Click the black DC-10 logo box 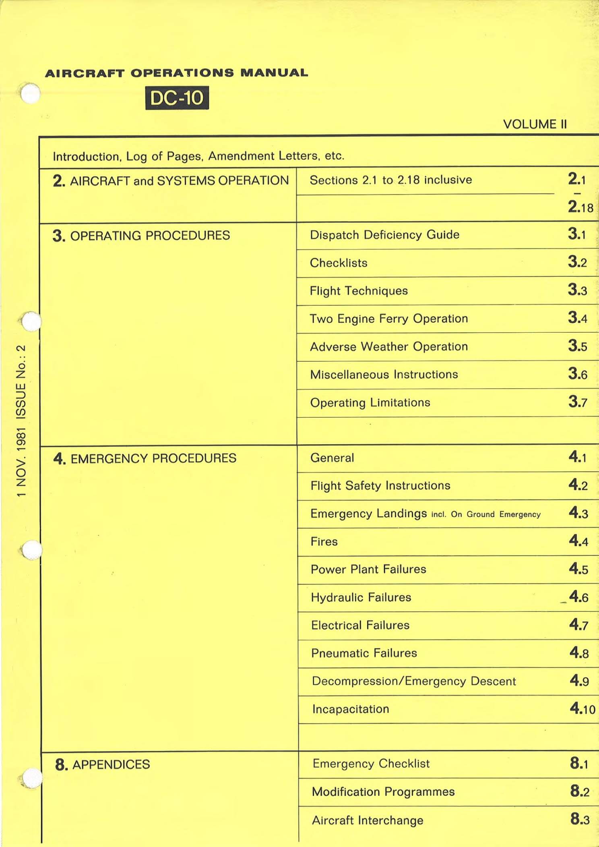177,98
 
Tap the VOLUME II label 535,124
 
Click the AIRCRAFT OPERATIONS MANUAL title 176,73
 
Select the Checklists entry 339,263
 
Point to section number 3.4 577,318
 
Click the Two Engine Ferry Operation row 389,319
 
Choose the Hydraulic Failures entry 361,597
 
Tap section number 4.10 582,708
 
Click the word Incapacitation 351,709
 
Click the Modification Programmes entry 383,792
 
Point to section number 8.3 580,819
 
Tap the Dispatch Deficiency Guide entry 384,235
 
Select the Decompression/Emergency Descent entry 414,681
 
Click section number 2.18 580,207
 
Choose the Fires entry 324,542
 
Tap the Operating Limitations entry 370,403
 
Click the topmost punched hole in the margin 31,93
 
